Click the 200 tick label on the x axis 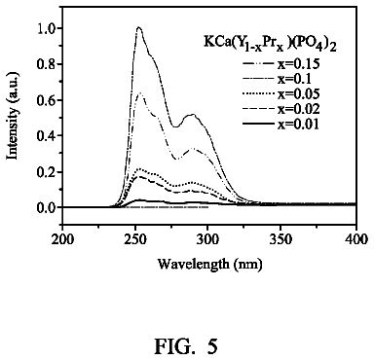click(62, 239)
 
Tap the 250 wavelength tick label click(135, 239)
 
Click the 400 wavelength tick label click(356, 239)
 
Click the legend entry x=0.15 click(281, 63)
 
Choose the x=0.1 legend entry click(277, 79)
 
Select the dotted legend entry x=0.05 click(281, 94)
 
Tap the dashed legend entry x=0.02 click(281, 109)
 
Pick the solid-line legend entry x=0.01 click(281, 125)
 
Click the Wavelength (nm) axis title click(210, 265)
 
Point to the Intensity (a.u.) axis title click(13, 117)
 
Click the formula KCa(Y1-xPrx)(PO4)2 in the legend click(270, 45)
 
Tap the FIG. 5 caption click(186, 346)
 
